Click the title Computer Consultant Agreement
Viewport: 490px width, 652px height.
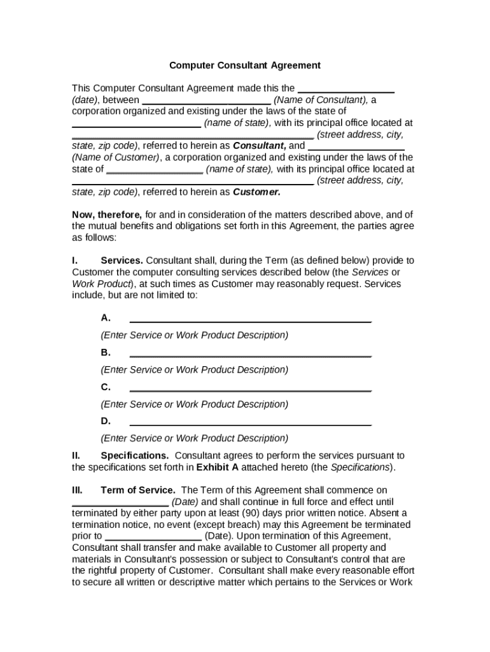(x=244, y=65)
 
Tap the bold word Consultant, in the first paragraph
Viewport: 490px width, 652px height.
(x=259, y=146)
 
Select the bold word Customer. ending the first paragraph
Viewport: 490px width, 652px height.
(x=256, y=192)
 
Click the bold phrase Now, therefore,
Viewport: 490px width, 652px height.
(x=107, y=215)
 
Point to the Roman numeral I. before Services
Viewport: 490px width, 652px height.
(x=75, y=260)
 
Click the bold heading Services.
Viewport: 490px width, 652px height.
(x=122, y=260)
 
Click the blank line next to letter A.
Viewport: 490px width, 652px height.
(x=250, y=319)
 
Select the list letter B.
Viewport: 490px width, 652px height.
(x=106, y=352)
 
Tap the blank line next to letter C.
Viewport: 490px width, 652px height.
(x=250, y=388)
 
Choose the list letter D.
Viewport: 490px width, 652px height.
(x=106, y=421)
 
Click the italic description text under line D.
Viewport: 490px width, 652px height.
(x=194, y=438)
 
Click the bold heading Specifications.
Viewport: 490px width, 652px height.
(x=134, y=455)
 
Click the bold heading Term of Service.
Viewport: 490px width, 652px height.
(x=137, y=490)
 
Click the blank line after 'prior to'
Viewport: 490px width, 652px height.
(x=153, y=537)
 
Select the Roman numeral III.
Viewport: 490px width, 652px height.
(x=77, y=490)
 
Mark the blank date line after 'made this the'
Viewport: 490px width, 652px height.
(x=346, y=89)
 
